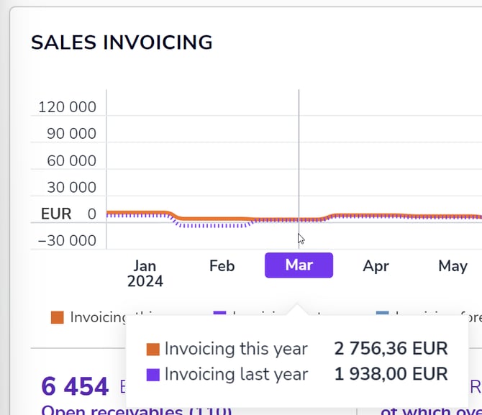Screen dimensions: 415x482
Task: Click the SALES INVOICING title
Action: click(x=122, y=42)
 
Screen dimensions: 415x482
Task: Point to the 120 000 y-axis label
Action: click(x=67, y=107)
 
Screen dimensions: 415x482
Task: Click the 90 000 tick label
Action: click(x=71, y=134)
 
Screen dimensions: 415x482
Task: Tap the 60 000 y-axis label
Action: click(x=71, y=160)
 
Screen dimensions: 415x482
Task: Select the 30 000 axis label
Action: click(x=71, y=187)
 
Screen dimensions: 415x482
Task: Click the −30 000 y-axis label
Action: click(x=66, y=240)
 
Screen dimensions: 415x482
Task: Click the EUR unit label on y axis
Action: click(x=56, y=214)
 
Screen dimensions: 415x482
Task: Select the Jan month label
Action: click(x=145, y=266)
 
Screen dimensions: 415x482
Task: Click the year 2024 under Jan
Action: click(x=145, y=281)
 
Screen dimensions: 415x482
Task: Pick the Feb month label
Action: click(x=222, y=266)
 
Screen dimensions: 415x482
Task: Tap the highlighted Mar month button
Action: click(x=299, y=265)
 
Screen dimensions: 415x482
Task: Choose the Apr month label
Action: click(x=376, y=266)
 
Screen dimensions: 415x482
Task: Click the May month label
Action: click(x=453, y=266)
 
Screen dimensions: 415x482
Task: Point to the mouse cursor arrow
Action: click(x=301, y=239)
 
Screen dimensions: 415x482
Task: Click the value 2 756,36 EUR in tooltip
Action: click(x=391, y=349)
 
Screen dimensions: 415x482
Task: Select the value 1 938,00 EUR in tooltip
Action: click(x=391, y=374)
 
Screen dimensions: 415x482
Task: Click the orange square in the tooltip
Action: click(x=153, y=350)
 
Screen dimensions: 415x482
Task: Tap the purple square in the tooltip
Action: click(x=153, y=375)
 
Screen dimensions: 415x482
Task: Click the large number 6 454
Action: click(x=75, y=386)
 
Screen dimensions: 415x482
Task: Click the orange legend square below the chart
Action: click(x=58, y=317)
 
